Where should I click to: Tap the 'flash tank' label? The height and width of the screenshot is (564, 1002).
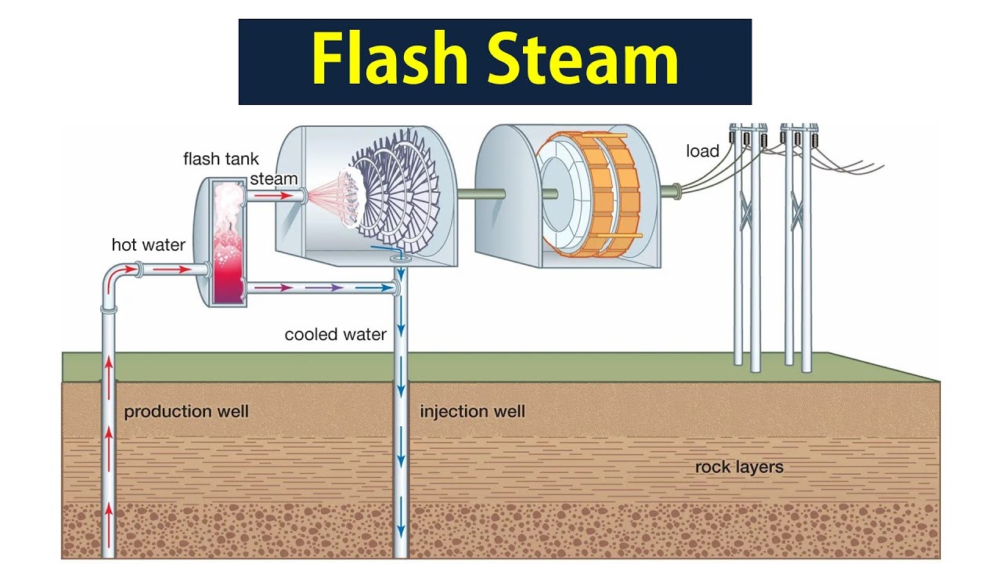pos(221,159)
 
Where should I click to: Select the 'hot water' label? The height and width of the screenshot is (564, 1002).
pos(148,245)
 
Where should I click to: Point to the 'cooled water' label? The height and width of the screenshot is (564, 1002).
pos(335,334)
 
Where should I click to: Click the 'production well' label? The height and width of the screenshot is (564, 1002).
pos(186,411)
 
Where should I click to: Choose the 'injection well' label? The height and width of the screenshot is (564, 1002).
pos(472,411)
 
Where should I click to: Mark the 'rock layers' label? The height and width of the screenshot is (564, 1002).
pos(739,468)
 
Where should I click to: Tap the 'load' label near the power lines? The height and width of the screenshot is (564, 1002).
pos(702,151)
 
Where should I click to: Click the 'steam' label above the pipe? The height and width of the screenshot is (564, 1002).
pos(274,179)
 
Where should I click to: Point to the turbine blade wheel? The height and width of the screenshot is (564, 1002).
pos(391,192)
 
